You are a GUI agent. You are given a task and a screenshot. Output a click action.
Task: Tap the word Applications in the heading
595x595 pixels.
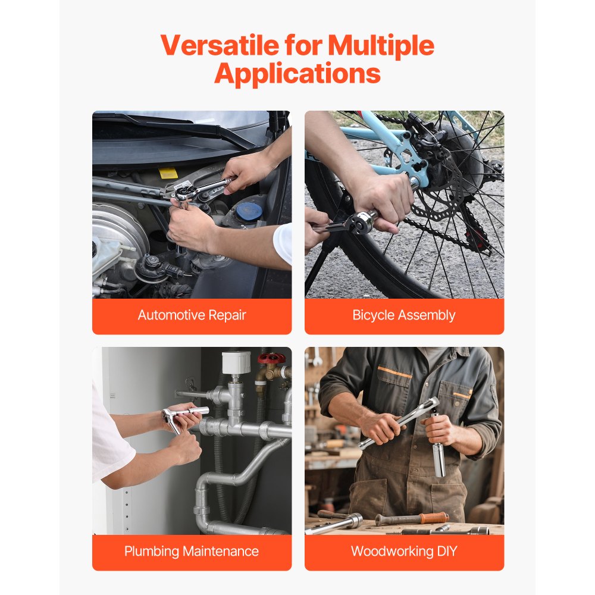(x=297, y=74)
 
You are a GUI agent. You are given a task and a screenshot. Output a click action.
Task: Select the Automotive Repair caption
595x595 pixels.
(x=192, y=315)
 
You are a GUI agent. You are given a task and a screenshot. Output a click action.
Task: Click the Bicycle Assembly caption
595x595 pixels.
(x=404, y=315)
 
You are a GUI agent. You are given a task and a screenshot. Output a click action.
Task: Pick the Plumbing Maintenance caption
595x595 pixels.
(x=192, y=552)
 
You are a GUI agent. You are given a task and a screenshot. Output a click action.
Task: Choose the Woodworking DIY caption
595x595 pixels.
(x=404, y=552)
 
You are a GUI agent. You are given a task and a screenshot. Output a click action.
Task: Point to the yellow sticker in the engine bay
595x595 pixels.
(x=168, y=173)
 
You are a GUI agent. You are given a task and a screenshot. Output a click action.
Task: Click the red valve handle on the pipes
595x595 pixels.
(x=271, y=359)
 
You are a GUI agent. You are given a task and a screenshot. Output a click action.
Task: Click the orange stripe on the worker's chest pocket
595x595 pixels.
(x=394, y=372)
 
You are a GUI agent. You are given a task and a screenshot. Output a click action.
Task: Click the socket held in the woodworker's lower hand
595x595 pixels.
(x=439, y=458)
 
